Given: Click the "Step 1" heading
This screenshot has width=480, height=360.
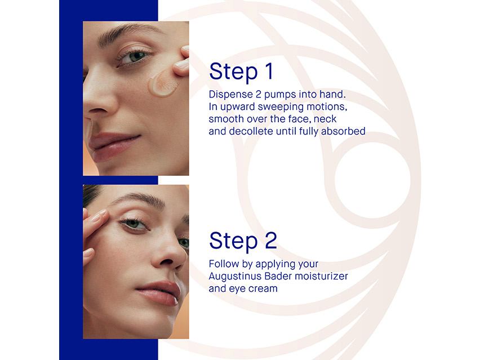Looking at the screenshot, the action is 241,72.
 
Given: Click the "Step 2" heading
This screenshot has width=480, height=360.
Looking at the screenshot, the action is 243,241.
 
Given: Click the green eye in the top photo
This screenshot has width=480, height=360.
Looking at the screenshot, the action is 135,57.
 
